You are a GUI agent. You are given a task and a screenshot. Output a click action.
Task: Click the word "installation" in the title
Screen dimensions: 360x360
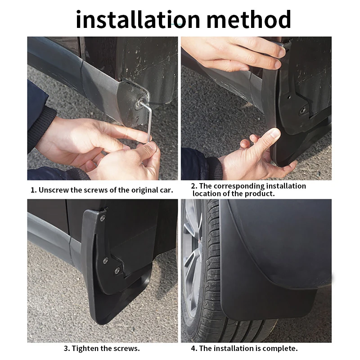click(138, 19)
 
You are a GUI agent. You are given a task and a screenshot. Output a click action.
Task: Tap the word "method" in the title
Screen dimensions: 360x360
click(249, 19)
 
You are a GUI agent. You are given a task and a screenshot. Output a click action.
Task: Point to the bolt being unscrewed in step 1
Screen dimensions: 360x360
click(140, 103)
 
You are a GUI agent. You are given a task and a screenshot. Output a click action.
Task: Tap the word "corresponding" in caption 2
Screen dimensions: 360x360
click(239, 186)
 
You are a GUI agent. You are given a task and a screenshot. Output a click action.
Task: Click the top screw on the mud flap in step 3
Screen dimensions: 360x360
click(103, 218)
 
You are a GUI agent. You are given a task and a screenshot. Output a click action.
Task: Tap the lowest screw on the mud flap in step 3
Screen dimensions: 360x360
click(117, 271)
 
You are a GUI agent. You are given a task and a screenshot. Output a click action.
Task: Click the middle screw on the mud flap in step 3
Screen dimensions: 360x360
click(105, 261)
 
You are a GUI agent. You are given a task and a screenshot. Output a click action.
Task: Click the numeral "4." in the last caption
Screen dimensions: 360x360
click(194, 348)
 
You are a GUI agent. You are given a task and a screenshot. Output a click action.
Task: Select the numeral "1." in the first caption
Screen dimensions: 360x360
click(33, 190)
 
